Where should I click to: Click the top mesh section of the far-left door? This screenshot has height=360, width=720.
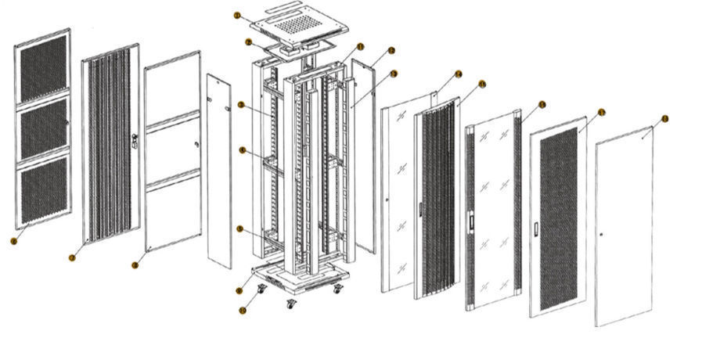43,70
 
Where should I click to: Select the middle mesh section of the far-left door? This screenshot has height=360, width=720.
44,130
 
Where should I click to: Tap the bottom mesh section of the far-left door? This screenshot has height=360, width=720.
44,191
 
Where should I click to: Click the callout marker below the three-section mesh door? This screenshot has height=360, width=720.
13,241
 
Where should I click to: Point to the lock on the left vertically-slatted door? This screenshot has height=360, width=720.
135,142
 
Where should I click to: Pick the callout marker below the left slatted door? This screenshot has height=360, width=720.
72,257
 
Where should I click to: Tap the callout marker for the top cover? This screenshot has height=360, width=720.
238,15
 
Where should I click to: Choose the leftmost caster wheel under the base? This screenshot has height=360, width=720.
260,291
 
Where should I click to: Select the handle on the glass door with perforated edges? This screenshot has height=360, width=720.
470,221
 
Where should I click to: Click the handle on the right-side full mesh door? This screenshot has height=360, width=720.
535,229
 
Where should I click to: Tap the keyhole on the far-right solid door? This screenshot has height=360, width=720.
600,236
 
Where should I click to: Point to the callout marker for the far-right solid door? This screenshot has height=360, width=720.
664,119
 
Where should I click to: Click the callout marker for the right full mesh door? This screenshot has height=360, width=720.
601,112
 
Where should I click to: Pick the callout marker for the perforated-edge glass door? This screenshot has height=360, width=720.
542,104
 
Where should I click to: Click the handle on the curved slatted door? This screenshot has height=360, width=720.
420,209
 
